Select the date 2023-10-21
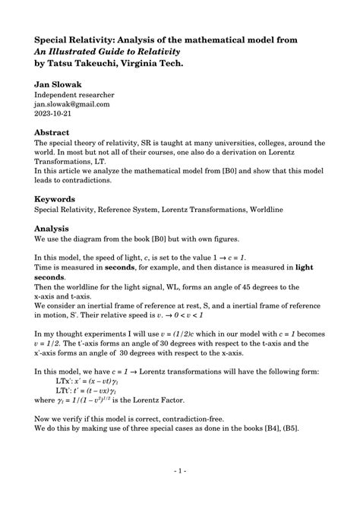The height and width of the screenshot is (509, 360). (x=55, y=114)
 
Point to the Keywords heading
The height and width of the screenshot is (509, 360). (x=60, y=198)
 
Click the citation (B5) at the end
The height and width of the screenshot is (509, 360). (x=308, y=428)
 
